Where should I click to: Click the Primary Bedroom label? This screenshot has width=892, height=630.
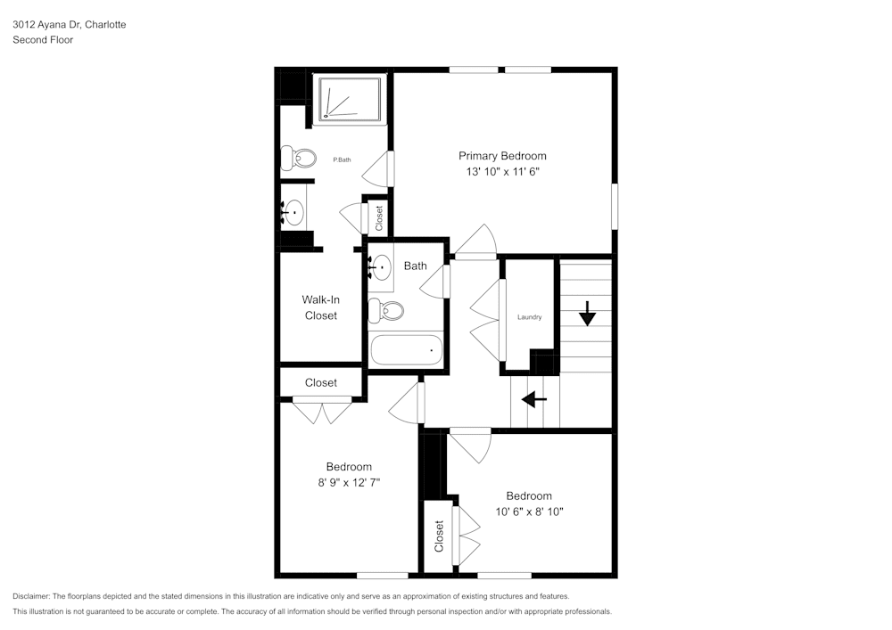pos(502,156)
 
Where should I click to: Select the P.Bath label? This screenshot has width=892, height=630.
pos(342,160)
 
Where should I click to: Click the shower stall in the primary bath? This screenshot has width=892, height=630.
pos(351,98)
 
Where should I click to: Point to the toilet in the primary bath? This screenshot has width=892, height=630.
pos(299,159)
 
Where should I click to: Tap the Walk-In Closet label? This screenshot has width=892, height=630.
pos(320,307)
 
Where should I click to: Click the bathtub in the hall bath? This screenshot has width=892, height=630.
pos(407,349)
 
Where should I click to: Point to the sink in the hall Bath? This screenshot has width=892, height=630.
pos(381,266)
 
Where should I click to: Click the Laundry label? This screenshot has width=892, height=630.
pos(529,317)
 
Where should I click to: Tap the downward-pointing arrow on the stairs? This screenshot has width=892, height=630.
pos(588,314)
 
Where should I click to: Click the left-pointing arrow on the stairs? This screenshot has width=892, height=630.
pos(534,400)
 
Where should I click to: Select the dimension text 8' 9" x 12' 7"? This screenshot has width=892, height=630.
pos(348,482)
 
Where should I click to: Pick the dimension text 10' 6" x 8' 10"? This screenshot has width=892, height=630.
pos(529,511)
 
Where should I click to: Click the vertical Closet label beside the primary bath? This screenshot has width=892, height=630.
pos(379,218)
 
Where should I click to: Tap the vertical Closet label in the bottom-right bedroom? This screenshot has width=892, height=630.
pos(439,536)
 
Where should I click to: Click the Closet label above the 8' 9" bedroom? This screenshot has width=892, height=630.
pos(321,382)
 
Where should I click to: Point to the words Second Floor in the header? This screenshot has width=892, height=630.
pos(43,40)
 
